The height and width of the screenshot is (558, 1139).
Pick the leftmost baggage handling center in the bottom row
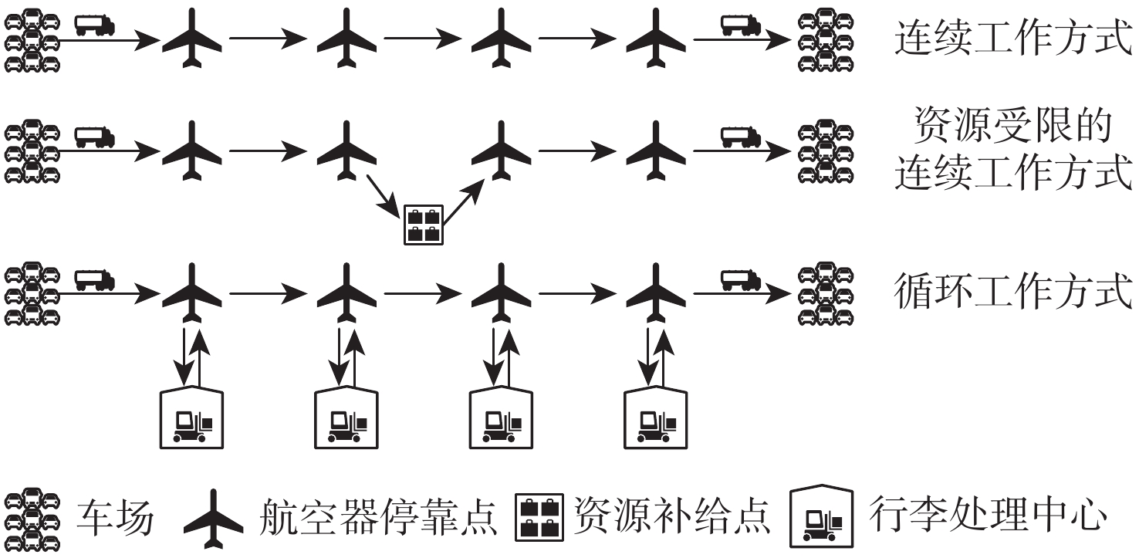pyautogui.click(x=191, y=418)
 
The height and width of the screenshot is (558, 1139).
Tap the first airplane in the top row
pyautogui.click(x=191, y=39)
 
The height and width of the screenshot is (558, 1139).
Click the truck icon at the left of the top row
pyautogui.click(x=95, y=25)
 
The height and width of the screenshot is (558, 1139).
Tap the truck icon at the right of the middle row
pyautogui.click(x=741, y=137)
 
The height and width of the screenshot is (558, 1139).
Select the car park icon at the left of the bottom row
pyautogui.click(x=32, y=294)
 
